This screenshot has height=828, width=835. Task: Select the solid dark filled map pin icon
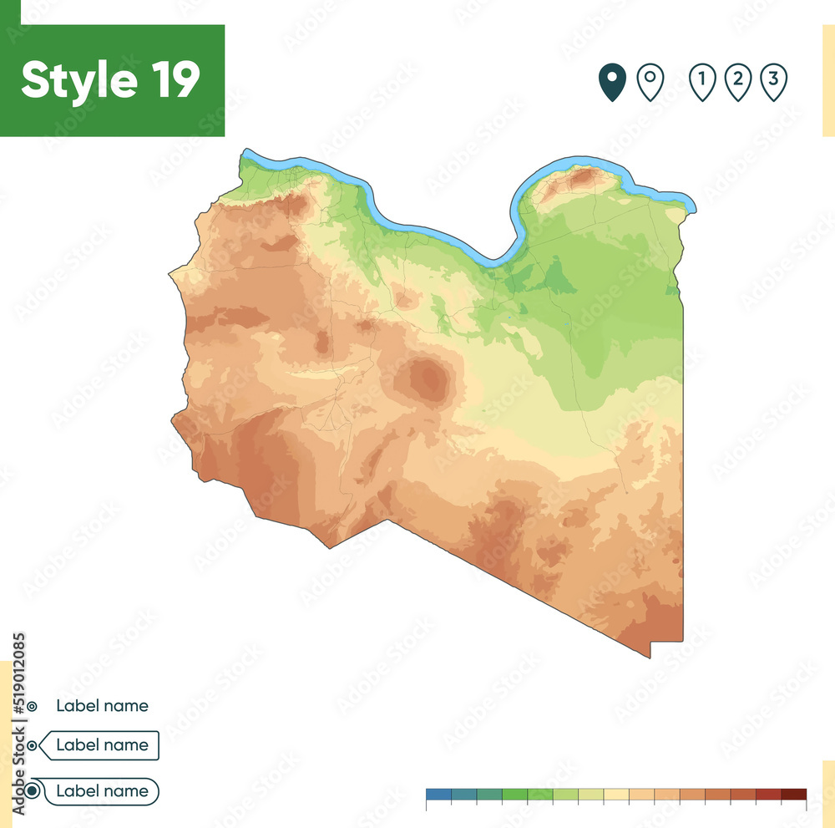click(x=612, y=83)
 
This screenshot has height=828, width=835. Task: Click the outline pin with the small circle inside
click(x=650, y=82)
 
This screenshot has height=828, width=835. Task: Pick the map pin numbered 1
click(x=702, y=82)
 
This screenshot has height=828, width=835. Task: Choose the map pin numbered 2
click(x=738, y=82)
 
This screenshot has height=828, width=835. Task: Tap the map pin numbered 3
click(x=774, y=82)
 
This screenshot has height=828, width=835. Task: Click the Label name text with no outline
click(x=102, y=706)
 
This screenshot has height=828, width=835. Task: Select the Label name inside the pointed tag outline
click(x=102, y=745)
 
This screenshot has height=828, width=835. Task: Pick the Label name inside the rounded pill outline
click(x=102, y=791)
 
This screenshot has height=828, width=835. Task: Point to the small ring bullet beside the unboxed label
click(x=32, y=707)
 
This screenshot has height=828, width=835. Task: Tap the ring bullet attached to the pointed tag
click(x=32, y=745)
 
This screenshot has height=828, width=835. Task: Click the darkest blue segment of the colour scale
click(x=438, y=794)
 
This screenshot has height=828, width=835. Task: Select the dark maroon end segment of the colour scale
click(x=794, y=794)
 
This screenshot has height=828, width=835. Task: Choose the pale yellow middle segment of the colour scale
click(x=616, y=794)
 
